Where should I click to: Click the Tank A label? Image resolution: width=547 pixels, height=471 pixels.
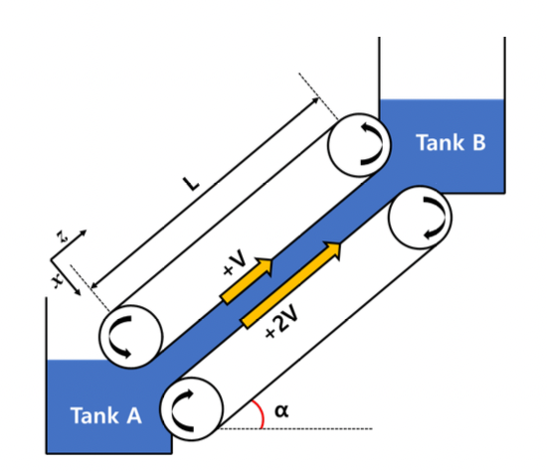tap(106, 415)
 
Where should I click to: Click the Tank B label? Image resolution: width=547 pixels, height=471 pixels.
tap(451, 142)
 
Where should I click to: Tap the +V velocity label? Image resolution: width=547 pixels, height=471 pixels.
tap(235, 263)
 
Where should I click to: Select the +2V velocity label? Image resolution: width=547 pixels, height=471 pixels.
tap(281, 321)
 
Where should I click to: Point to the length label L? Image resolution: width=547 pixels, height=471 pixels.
tap(191, 184)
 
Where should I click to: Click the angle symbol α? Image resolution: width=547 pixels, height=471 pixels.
tap(281, 410)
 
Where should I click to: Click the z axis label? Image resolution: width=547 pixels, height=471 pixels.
tap(63, 236)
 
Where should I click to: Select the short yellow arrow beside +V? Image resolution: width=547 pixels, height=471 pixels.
tap(247, 280)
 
